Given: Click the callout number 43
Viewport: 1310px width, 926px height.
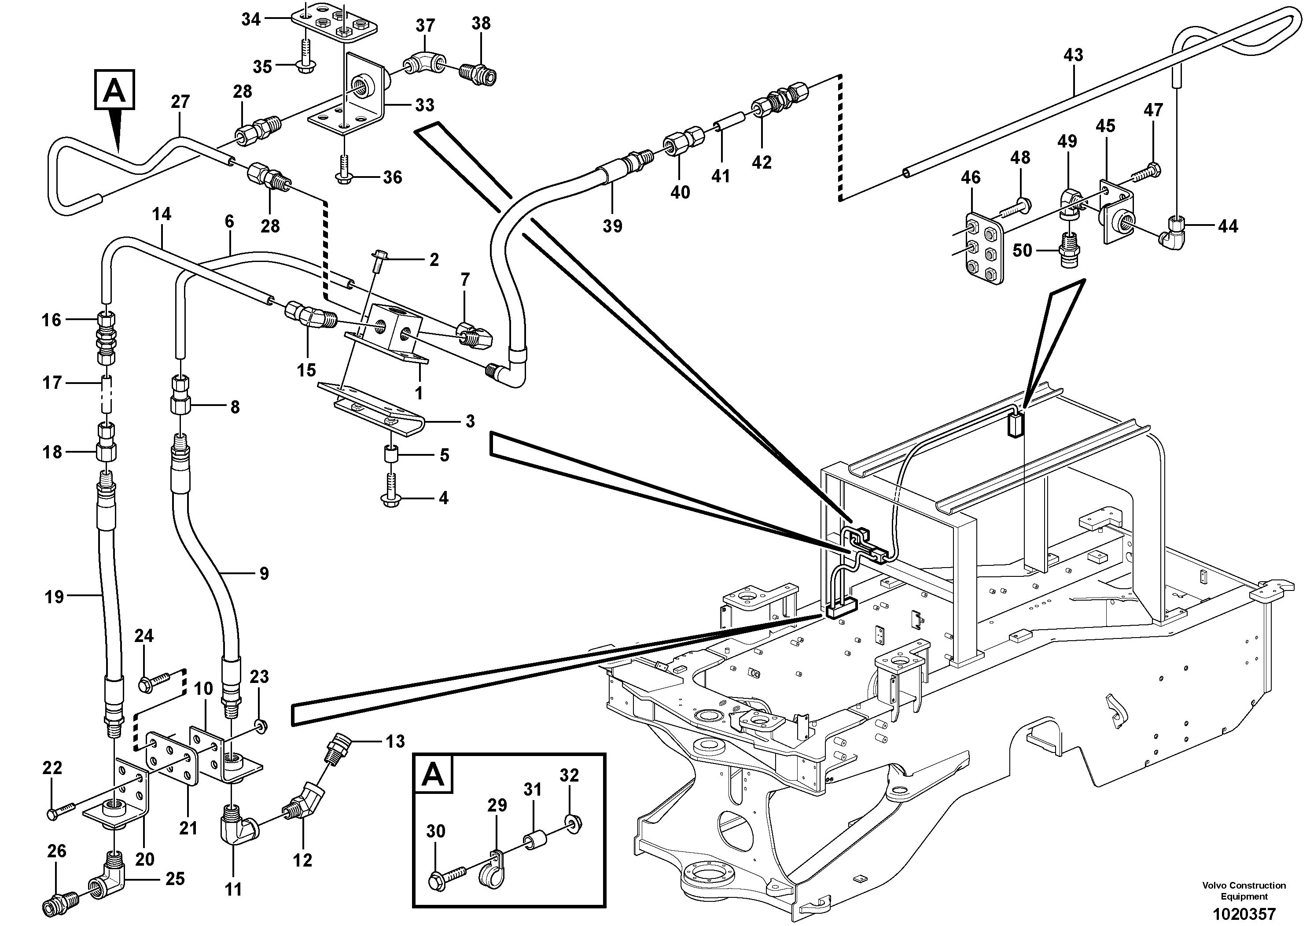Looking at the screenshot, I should [x=1073, y=55].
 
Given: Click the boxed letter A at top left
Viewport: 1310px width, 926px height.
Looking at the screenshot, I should [x=115, y=90].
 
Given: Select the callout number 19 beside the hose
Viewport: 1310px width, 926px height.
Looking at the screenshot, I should [x=54, y=597].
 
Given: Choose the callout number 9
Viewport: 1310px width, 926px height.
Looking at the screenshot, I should [x=264, y=573].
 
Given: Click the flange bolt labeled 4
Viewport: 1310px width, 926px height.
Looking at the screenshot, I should [x=391, y=494].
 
